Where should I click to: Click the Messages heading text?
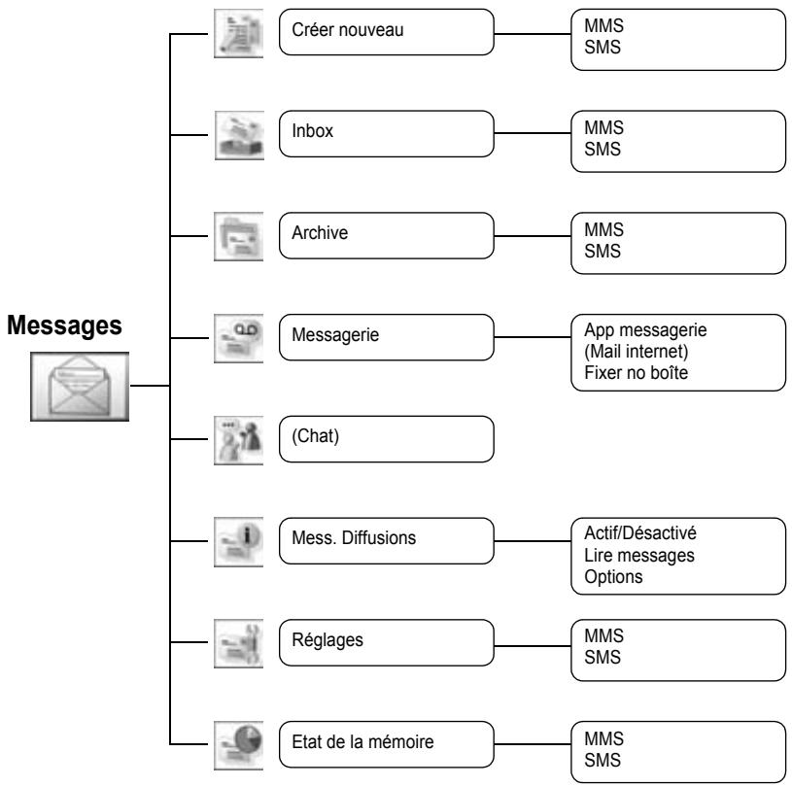pyautogui.click(x=64, y=325)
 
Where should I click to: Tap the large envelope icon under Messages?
pyautogui.click(x=80, y=387)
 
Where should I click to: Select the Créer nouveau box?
pyautogui.click(x=387, y=32)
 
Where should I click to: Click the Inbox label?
pyautogui.click(x=312, y=131)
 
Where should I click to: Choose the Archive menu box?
pyautogui.click(x=387, y=235)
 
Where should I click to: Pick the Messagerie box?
pyautogui.click(x=387, y=337)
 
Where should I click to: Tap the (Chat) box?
pyautogui.click(x=387, y=439)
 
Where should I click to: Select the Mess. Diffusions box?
pyautogui.click(x=387, y=541)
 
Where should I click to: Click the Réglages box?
pyautogui.click(x=387, y=642)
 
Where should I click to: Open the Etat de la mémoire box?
pyautogui.click(x=387, y=744)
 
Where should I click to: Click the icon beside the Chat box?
pyautogui.click(x=238, y=440)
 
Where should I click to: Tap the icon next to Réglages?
pyautogui.click(x=238, y=643)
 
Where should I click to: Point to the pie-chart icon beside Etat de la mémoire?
pyautogui.click(x=238, y=745)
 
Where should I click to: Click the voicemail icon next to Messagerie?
pyautogui.click(x=238, y=338)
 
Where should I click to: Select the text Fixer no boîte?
pyautogui.click(x=636, y=373)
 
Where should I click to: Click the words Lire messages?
pyautogui.click(x=639, y=556)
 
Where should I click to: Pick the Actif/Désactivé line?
pyautogui.click(x=640, y=533)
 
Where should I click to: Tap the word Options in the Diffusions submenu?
pyautogui.click(x=613, y=577)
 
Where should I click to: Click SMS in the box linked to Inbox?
pyautogui.click(x=603, y=149)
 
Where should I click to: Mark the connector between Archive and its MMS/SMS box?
pyautogui.click(x=533, y=236)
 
